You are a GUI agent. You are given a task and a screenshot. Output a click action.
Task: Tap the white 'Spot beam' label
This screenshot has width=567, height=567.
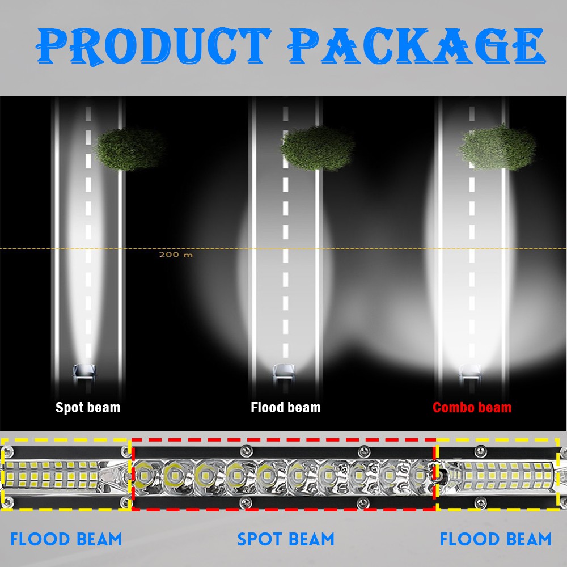tap(88, 407)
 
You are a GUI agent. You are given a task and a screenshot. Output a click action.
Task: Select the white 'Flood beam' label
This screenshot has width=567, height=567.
tap(286, 407)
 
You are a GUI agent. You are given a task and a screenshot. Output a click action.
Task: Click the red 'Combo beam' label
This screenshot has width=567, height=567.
tap(472, 407)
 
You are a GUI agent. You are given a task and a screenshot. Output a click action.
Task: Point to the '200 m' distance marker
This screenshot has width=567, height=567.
tap(176, 255)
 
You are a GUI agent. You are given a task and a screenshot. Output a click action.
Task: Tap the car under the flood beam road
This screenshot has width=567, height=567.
tap(283, 371)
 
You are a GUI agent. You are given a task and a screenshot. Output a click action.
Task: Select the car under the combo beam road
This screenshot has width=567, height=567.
tap(470, 371)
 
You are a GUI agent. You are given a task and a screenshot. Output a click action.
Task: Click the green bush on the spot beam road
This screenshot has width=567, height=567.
tap(129, 149)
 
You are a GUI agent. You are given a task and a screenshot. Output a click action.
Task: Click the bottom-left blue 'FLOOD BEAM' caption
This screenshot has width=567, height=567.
tap(66, 539)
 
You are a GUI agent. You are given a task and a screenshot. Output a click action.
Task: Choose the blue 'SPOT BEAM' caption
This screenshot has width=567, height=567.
tap(286, 539)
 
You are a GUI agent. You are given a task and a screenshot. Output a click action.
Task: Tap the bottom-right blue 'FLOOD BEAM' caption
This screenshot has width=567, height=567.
tap(496, 539)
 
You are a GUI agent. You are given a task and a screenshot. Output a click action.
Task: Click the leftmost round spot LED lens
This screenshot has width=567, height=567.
tap(143, 473)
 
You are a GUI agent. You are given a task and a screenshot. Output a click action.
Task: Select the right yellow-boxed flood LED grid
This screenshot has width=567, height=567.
tap(505, 474)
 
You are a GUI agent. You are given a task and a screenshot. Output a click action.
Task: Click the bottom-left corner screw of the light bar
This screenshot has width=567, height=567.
tap(7, 501)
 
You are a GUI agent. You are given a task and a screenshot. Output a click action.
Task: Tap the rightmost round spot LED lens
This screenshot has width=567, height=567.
tap(420, 473)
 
